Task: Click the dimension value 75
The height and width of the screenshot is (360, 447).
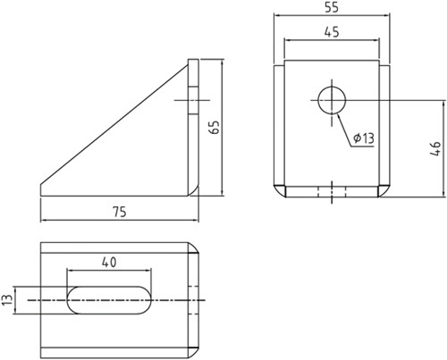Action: point(118,211)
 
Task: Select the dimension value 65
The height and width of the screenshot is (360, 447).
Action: point(214,127)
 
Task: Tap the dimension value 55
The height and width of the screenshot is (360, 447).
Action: point(331,7)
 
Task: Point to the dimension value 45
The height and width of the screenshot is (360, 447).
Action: point(331,31)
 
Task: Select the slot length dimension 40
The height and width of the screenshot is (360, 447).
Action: point(109,263)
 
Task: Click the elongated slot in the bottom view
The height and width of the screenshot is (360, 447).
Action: point(109,300)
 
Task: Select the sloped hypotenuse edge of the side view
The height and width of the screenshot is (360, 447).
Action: point(116,126)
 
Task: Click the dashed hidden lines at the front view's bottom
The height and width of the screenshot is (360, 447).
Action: point(332,190)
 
